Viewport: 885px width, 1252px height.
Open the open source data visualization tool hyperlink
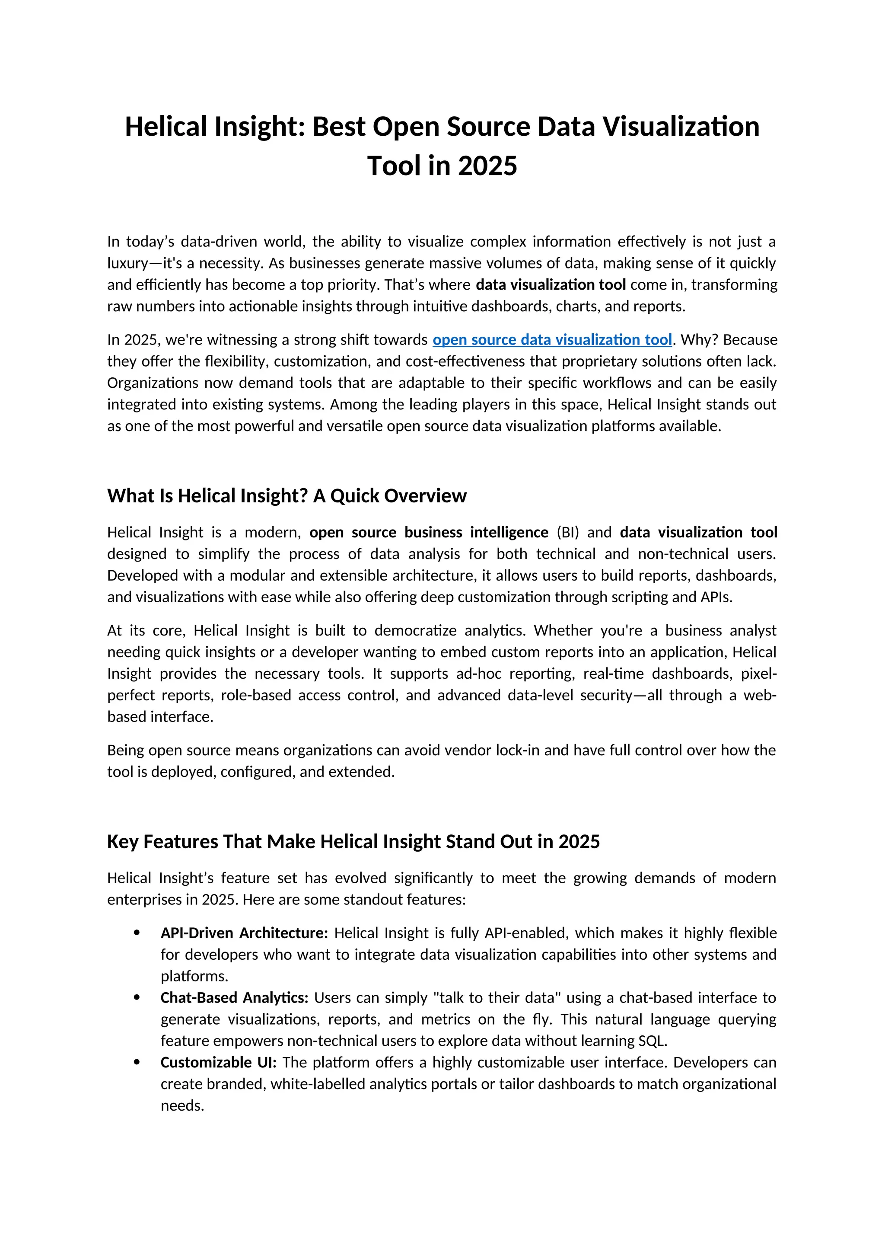click(552, 340)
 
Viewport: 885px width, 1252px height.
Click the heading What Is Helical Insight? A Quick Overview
click(287, 496)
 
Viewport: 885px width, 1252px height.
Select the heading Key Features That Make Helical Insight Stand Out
click(353, 841)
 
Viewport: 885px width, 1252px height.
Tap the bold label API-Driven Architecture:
click(244, 933)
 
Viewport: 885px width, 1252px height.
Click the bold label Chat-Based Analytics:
click(234, 998)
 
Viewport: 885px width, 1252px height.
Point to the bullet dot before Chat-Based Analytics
click(137, 998)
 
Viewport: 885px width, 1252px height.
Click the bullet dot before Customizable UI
click(137, 1062)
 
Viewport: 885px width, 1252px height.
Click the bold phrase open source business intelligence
click(429, 532)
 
